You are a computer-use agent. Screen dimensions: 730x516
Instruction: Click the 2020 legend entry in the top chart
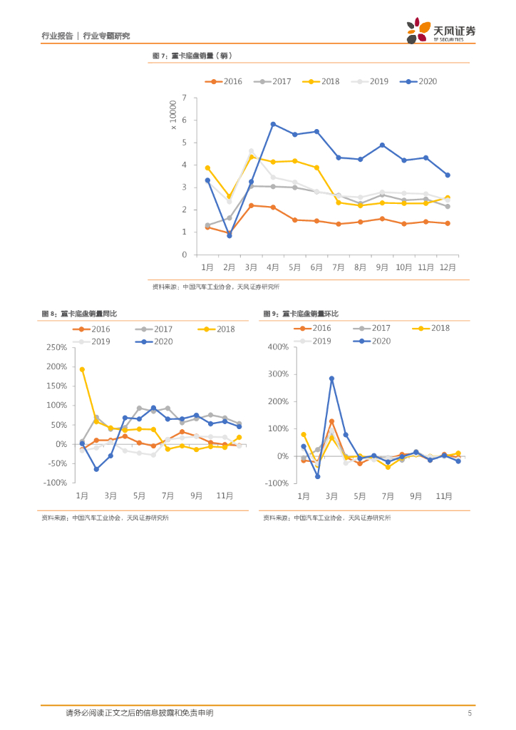click(418, 81)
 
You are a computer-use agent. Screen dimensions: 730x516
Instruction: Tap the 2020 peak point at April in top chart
click(273, 124)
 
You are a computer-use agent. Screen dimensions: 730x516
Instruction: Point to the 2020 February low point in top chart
click(229, 235)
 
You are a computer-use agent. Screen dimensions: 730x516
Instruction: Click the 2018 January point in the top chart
click(207, 168)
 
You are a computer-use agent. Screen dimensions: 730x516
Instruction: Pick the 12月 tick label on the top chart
click(447, 267)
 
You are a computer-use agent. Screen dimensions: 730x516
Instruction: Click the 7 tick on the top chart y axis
click(185, 98)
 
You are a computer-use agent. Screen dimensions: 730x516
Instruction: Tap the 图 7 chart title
click(192, 56)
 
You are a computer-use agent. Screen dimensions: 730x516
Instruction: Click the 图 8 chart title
click(79, 314)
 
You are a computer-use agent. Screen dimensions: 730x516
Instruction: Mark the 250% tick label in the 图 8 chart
click(56, 347)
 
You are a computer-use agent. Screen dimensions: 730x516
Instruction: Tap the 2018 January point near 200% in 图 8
click(82, 369)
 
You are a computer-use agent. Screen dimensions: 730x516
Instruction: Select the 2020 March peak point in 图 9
click(331, 379)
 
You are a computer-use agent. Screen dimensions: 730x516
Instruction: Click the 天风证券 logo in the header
click(441, 31)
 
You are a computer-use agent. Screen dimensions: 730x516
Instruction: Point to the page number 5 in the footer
click(469, 712)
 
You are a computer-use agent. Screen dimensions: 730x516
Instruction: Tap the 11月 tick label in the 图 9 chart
click(444, 495)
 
